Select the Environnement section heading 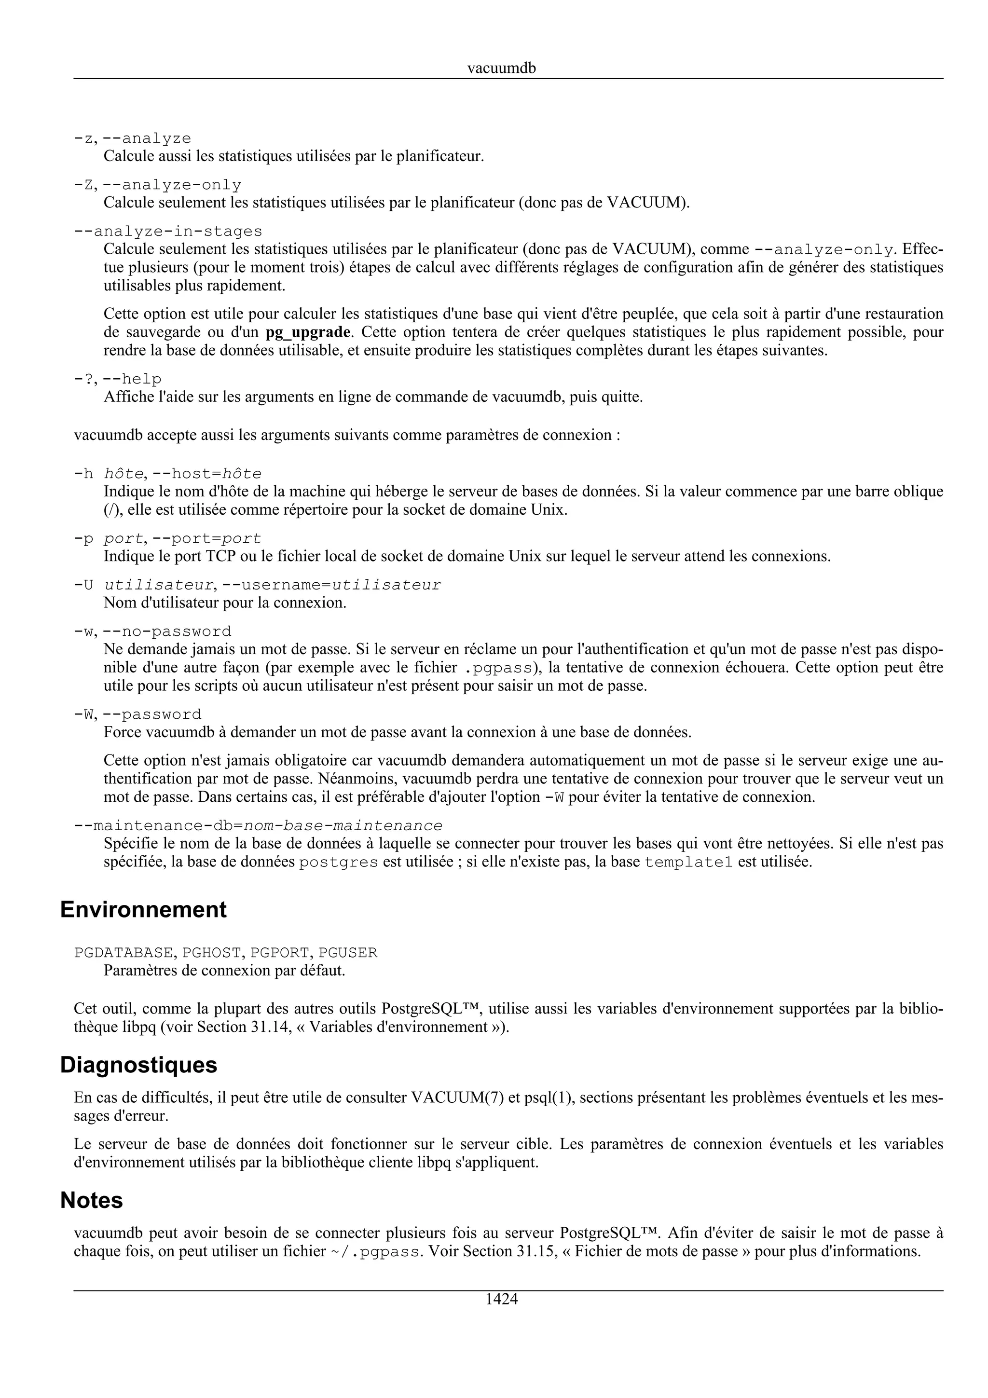(x=143, y=910)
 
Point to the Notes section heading (x=91, y=1200)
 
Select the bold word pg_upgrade (x=308, y=332)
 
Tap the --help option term (x=132, y=379)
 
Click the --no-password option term (x=167, y=631)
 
